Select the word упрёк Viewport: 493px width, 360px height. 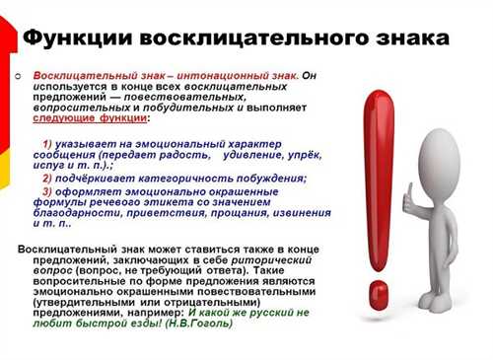click(306, 156)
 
